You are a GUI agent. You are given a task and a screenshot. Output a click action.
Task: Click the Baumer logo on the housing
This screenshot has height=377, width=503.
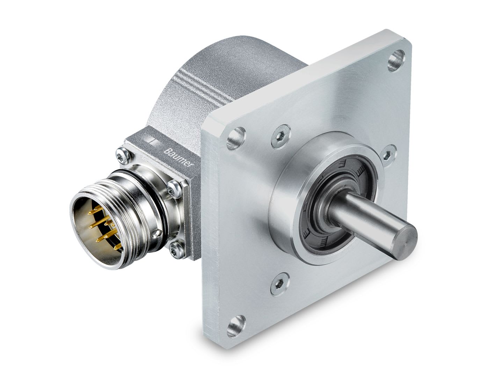pos(178,158)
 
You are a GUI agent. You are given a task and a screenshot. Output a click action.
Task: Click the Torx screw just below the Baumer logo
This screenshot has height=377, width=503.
pos(172,189)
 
